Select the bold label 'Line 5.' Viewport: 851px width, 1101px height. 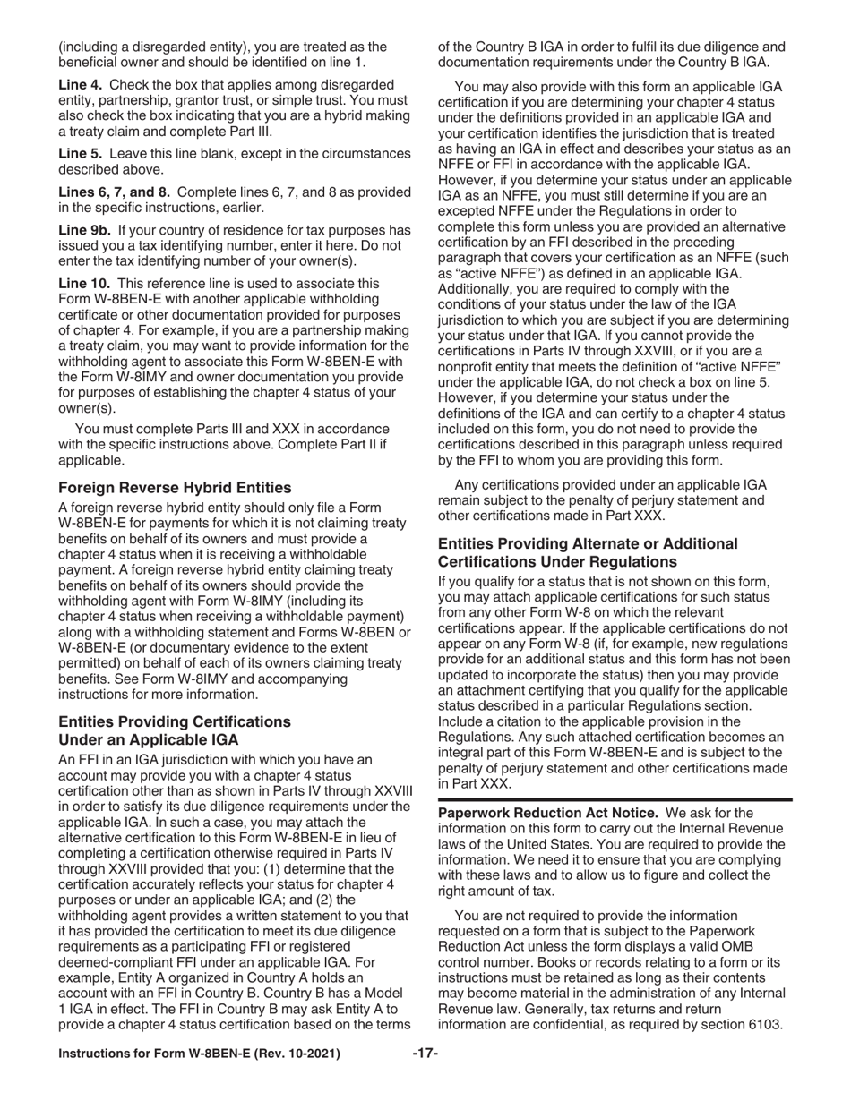pos(81,154)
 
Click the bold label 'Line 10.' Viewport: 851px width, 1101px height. pos(84,283)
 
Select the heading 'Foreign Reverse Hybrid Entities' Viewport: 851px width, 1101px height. pos(175,488)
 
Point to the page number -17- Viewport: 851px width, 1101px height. pos(425,1054)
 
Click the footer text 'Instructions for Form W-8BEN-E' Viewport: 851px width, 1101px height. pos(199,1054)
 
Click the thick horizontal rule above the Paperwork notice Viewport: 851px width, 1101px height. pos(615,799)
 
